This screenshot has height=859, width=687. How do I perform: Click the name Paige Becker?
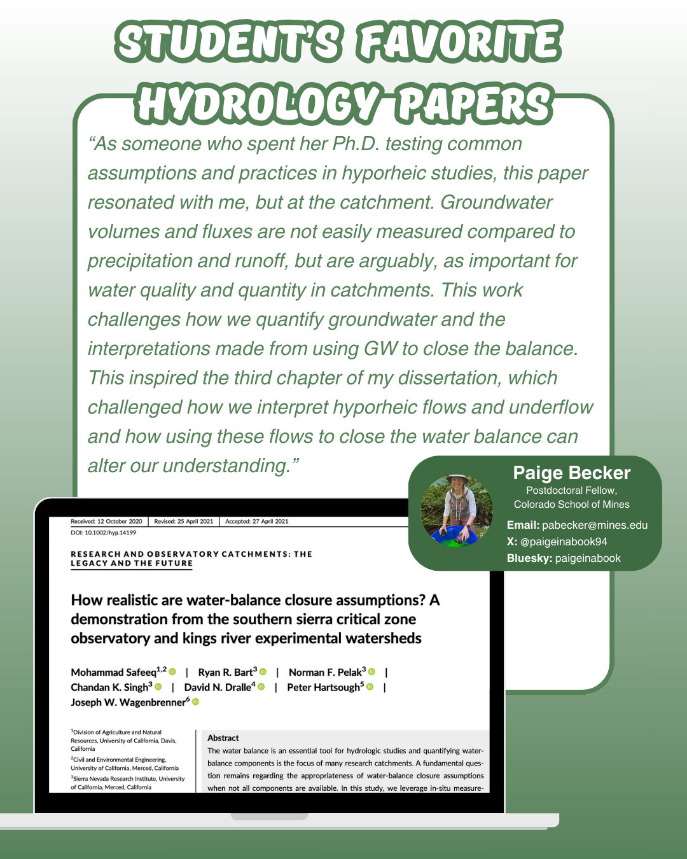(x=571, y=473)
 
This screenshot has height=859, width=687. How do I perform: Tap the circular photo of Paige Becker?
(x=456, y=510)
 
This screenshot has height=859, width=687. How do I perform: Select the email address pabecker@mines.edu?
(x=594, y=525)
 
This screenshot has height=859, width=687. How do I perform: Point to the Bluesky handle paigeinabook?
(x=587, y=558)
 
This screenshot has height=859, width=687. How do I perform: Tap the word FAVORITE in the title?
(x=459, y=43)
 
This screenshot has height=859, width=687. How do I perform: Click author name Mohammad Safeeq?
(x=113, y=673)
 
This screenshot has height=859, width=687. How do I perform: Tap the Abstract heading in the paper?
(x=223, y=738)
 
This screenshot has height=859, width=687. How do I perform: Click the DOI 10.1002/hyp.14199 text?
(x=104, y=533)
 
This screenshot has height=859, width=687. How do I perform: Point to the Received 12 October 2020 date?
(x=106, y=522)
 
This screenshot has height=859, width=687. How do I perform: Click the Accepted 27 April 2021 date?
(x=256, y=522)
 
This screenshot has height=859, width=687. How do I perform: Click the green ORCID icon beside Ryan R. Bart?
(x=263, y=672)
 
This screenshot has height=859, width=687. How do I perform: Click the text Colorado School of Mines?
(x=571, y=505)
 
